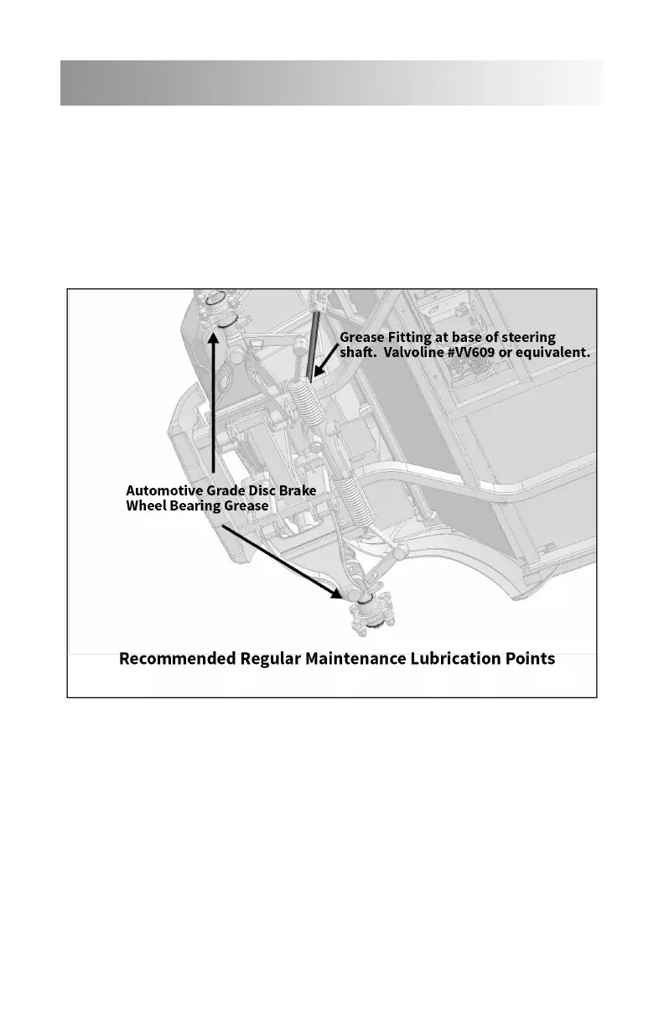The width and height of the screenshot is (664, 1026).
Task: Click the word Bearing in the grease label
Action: (x=194, y=505)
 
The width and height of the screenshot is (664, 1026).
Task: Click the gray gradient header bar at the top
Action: (x=332, y=82)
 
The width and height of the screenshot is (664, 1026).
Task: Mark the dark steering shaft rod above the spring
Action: (x=315, y=344)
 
